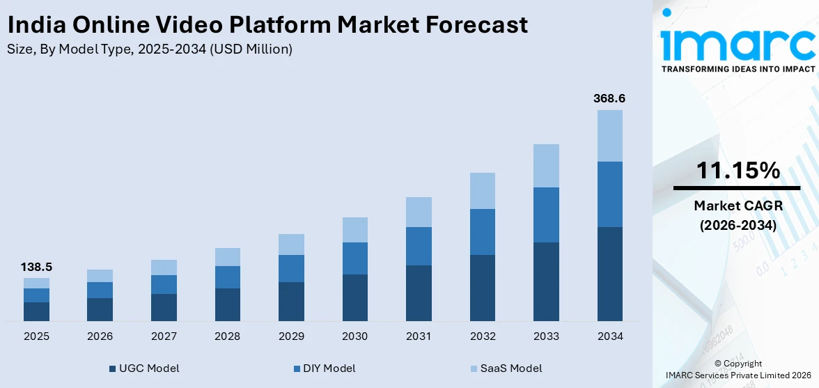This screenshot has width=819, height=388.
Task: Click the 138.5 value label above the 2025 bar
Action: (37, 267)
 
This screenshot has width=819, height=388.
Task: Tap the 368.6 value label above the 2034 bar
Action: (609, 99)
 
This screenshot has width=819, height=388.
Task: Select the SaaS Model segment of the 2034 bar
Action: (609, 135)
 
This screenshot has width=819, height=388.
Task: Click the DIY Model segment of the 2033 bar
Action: (546, 215)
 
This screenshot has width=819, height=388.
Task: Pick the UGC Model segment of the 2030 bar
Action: (354, 297)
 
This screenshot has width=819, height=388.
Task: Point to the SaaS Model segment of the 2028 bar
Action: (228, 257)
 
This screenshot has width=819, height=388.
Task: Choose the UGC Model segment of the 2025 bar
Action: (37, 311)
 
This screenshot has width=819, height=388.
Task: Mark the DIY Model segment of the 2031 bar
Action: (419, 246)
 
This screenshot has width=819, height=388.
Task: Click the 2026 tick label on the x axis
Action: (100, 336)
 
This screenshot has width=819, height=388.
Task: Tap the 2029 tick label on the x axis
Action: (291, 336)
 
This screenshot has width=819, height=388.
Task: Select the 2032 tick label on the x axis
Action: (482, 336)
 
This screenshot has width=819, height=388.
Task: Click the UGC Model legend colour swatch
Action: (113, 368)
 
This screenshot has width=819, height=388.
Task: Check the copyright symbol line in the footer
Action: (738, 364)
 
